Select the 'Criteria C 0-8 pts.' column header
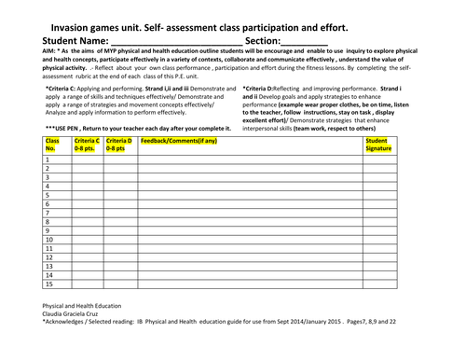87,144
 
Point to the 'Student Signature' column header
378,144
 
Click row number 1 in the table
48,159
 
